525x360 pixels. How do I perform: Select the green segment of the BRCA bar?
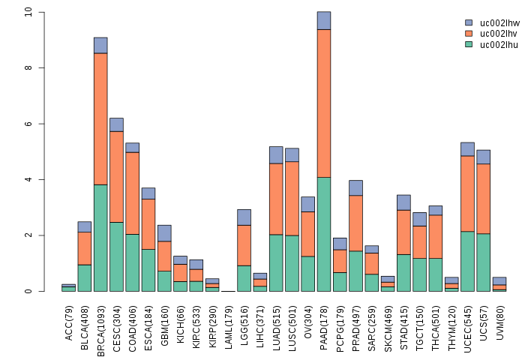coord(100,238)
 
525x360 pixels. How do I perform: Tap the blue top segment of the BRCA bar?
coord(100,45)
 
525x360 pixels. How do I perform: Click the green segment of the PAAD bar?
coord(324,234)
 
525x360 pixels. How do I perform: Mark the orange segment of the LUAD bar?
coord(276,199)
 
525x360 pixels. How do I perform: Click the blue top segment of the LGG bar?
coord(244,217)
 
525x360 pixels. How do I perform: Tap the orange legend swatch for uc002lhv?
coord(469,34)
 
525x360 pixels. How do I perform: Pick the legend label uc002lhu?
coord(498,44)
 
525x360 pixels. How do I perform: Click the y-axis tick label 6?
coord(28,124)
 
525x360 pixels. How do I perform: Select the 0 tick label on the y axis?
coord(28,291)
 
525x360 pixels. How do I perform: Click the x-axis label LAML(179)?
coord(228,322)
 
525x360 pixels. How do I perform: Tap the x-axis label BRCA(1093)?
coord(100,324)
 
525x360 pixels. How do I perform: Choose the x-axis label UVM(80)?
coord(499,320)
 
